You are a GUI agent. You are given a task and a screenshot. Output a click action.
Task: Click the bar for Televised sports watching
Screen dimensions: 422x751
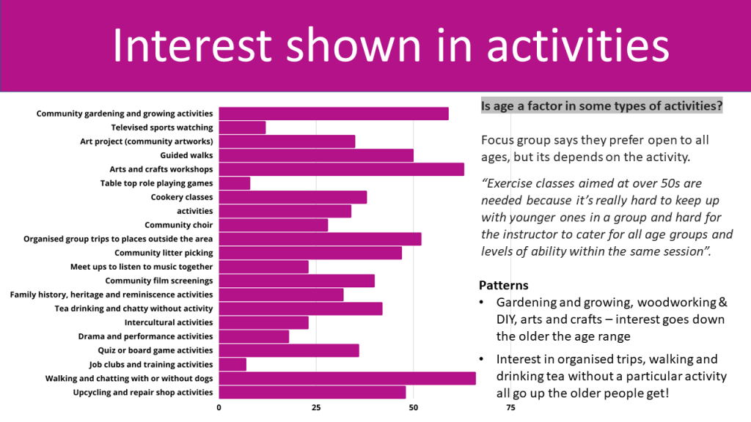[242, 127]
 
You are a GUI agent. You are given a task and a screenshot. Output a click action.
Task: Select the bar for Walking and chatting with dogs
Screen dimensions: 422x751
[347, 378]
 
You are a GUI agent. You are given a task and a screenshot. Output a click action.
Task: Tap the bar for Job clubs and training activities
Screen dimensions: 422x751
[232, 364]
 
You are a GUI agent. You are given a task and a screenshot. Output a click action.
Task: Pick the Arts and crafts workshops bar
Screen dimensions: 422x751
[341, 169]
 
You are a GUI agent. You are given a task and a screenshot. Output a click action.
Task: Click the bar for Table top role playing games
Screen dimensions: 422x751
[234, 183]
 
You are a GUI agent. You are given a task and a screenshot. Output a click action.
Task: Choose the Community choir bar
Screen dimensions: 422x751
[273, 225]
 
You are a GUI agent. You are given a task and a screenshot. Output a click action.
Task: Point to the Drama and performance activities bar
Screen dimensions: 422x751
[254, 336]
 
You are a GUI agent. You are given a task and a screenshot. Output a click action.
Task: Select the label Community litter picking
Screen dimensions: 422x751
[164, 253]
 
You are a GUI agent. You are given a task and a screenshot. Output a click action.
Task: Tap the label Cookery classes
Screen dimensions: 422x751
[182, 197]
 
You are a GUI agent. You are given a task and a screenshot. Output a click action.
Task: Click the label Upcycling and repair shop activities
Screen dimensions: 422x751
[143, 392]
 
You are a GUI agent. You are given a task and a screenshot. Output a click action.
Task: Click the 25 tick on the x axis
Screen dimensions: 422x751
[316, 407]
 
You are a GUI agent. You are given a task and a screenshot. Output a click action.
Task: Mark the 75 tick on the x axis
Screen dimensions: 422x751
[510, 407]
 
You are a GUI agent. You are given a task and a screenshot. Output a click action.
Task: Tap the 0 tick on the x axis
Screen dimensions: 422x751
[219, 407]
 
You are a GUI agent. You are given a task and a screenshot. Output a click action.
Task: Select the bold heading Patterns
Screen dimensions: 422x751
[504, 285]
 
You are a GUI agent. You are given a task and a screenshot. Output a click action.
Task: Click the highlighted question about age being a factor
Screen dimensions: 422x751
[601, 106]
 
